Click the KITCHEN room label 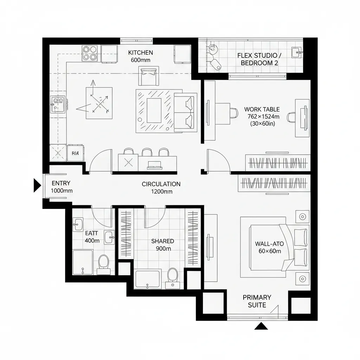point(140,53)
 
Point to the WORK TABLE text point(262,110)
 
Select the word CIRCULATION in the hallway point(161,184)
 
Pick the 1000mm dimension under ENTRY point(62,191)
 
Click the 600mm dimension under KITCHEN point(140,60)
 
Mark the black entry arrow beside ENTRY point(37,185)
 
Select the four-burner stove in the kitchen point(90,53)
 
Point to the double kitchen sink point(58,104)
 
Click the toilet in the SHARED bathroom point(173,276)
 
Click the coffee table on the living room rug point(154,110)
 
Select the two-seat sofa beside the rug point(185,112)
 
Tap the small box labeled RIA point(75,153)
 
